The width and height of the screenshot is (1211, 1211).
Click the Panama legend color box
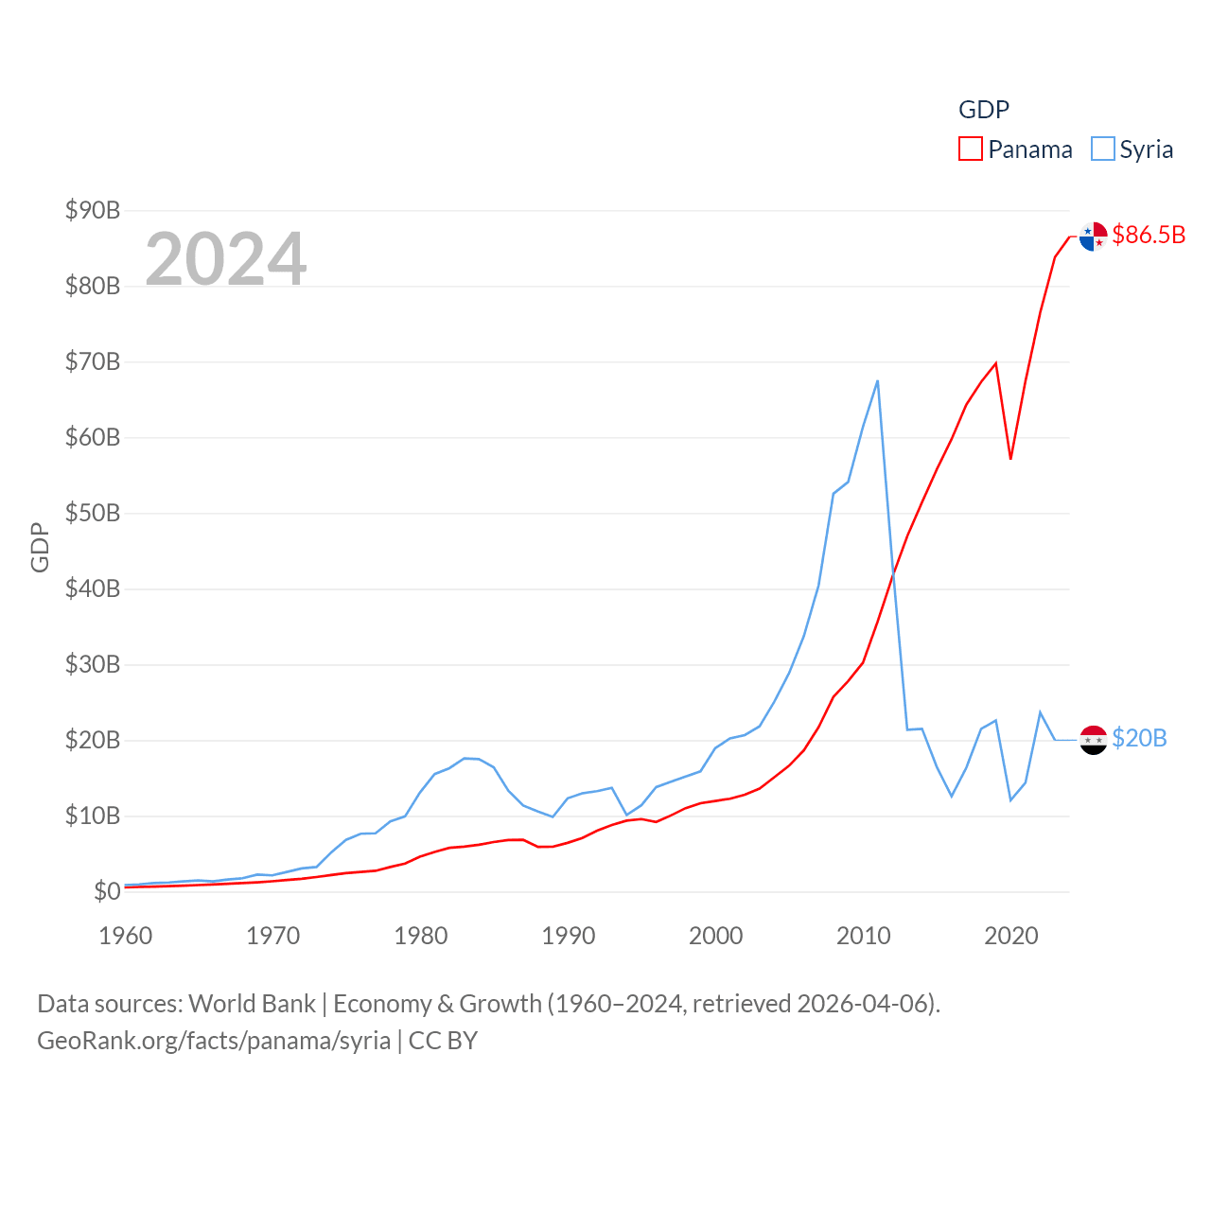[971, 149]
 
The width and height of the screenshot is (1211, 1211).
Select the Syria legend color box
[1103, 149]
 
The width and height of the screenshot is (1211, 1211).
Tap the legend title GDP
[984, 110]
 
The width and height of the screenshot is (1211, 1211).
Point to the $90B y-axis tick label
[93, 210]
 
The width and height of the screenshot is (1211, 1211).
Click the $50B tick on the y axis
[93, 513]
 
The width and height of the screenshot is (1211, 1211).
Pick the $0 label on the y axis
[107, 891]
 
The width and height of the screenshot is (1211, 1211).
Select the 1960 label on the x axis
[126, 936]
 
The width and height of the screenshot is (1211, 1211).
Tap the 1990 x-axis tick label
[569, 936]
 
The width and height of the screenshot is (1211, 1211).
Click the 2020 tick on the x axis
[1011, 936]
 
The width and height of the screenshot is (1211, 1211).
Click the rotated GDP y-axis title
[40, 547]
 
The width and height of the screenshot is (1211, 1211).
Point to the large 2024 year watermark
[226, 258]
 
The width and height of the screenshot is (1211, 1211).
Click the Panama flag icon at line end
[1093, 237]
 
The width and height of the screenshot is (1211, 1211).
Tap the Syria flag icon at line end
[1093, 740]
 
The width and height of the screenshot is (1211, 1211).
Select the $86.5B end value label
[1149, 235]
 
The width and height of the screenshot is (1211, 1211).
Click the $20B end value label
[1139, 738]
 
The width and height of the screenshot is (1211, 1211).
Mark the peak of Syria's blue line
[878, 381]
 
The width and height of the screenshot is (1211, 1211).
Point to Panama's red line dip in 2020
[1010, 458]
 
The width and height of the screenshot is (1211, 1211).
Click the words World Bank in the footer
[252, 1004]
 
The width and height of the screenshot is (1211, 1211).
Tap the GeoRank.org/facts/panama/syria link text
[214, 1041]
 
